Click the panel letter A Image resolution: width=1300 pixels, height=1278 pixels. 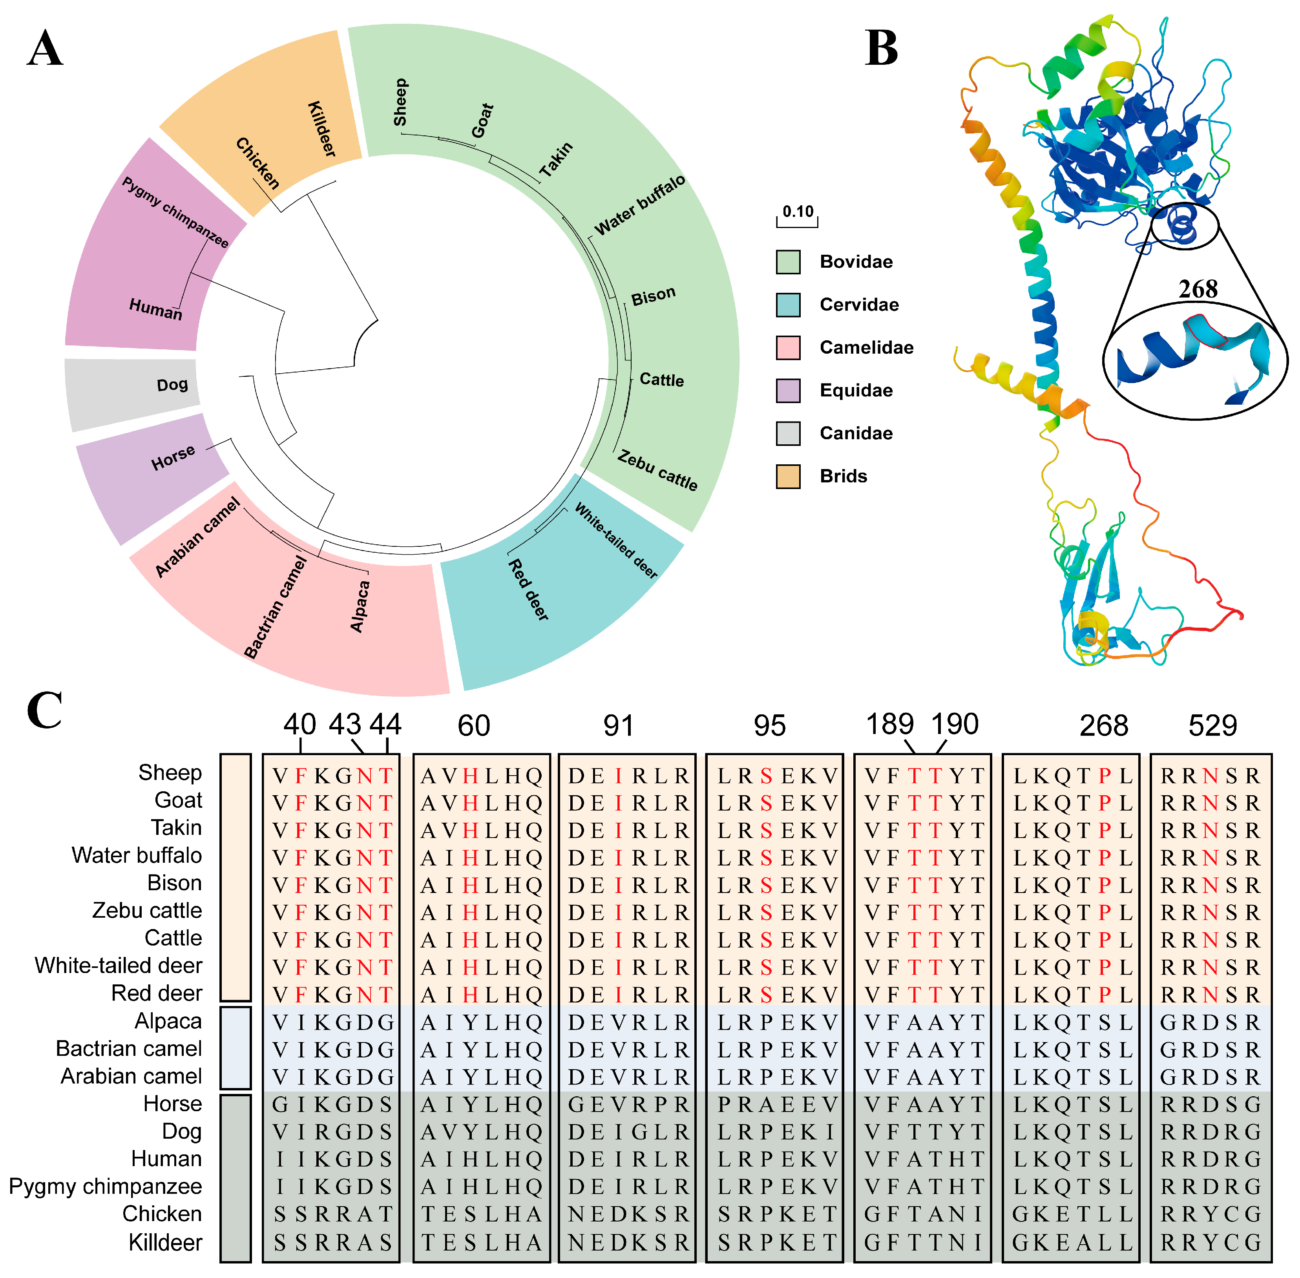tap(45, 48)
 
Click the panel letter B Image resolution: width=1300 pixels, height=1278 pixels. tap(881, 48)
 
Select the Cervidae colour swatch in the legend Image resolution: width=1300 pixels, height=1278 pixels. tap(787, 305)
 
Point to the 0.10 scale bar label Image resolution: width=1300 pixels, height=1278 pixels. tap(797, 212)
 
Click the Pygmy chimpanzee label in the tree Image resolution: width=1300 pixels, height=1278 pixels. tap(175, 212)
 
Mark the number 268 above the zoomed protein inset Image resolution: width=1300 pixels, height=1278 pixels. tap(1197, 289)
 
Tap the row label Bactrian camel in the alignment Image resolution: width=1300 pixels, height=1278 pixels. tap(128, 1048)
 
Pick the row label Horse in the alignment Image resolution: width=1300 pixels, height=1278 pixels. tap(172, 1103)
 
